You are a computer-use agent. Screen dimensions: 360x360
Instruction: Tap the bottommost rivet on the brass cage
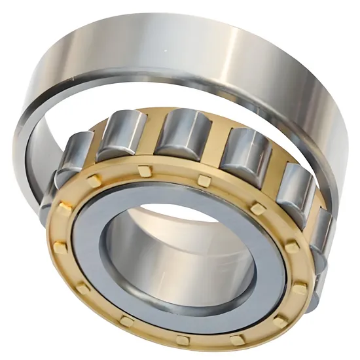click(x=184, y=340)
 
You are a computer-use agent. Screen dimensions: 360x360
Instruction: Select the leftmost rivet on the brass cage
click(x=60, y=247)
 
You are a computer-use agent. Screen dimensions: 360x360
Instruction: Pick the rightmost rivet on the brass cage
click(x=300, y=289)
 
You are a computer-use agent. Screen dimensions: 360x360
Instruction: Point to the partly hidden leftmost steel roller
click(x=73, y=157)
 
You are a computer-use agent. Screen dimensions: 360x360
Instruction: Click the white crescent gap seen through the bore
click(x=177, y=213)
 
